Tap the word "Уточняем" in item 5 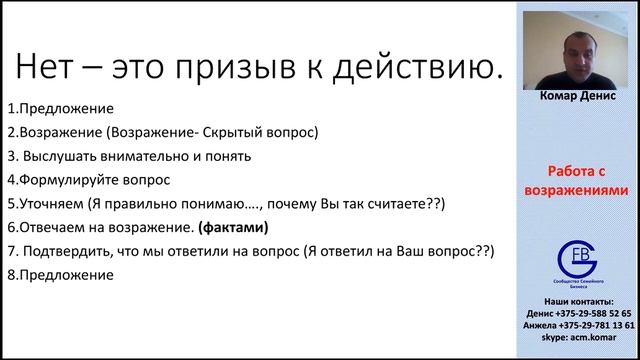(x=51, y=204)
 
